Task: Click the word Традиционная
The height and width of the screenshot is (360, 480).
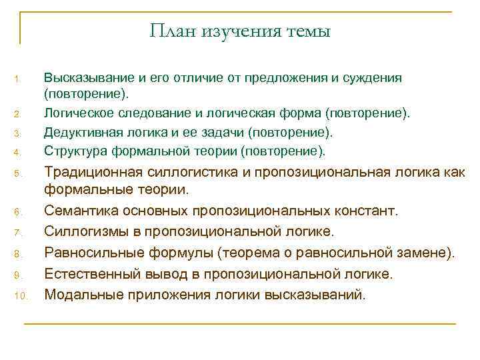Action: pos(91,173)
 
